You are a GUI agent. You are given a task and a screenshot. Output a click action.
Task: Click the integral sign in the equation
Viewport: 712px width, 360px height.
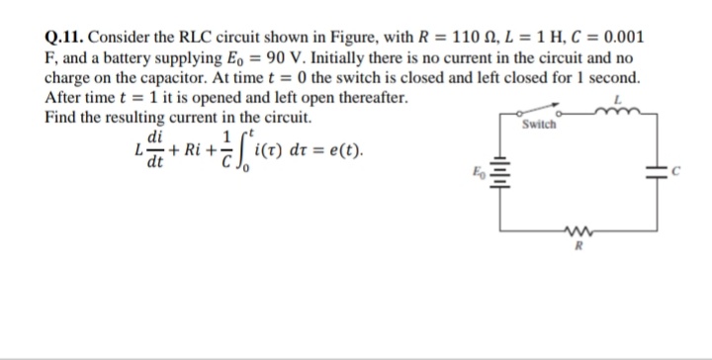tap(243, 152)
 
